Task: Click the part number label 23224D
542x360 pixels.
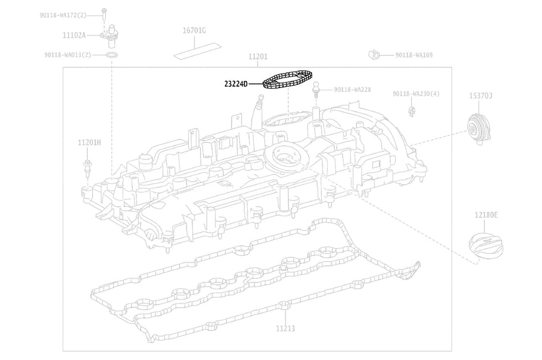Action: (236, 84)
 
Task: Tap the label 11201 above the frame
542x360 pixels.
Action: (258, 56)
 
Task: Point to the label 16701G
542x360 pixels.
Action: (194, 31)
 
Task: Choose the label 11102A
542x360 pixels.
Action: (74, 35)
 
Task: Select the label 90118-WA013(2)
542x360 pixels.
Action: (68, 55)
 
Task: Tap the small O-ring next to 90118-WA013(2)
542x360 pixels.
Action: (111, 55)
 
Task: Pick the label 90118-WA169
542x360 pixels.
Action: (414, 55)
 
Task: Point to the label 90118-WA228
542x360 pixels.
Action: (352, 90)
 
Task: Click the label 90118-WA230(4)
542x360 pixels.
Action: (416, 94)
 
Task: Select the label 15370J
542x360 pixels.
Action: (480, 96)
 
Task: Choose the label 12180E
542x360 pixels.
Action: (486, 215)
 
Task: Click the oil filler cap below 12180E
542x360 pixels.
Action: (486, 246)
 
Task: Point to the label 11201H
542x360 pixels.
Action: (89, 143)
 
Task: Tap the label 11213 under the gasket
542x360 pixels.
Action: (285, 328)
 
